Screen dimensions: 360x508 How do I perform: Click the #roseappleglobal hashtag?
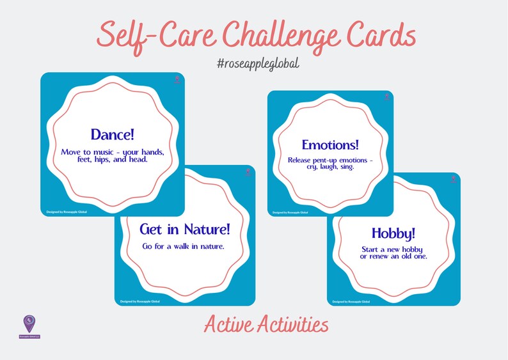click(254, 65)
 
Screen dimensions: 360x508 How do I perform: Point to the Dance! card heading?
click(112, 134)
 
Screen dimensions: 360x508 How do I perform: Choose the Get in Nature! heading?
click(184, 228)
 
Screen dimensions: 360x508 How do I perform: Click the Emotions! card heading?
click(329, 144)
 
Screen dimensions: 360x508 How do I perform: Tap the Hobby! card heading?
click(393, 233)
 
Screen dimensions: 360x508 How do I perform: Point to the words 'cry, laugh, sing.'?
click(329, 167)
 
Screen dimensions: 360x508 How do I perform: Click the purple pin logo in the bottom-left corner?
click(29, 323)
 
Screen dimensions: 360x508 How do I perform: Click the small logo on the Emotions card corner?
click(386, 98)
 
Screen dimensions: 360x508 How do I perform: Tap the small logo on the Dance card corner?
click(177, 80)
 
